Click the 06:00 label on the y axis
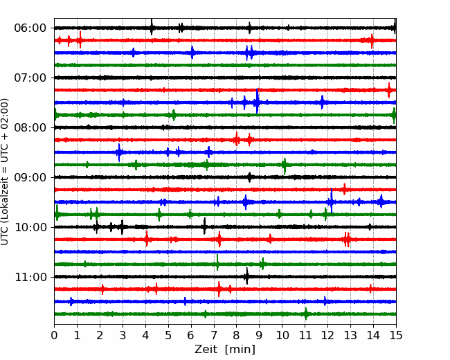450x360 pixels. tap(30, 28)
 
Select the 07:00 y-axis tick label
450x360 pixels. tap(30, 78)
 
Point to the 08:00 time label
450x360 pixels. tap(30, 128)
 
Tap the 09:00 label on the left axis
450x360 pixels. tap(30, 177)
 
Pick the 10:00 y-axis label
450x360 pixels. tap(30, 227)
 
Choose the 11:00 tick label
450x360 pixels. tap(30, 277)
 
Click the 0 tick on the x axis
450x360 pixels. tap(54, 335)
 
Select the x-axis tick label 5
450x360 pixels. tap(168, 335)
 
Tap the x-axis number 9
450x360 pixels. tap(260, 335)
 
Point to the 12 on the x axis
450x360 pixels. tap(327, 335)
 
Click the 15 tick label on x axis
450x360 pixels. tap(396, 335)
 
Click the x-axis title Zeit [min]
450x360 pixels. tap(225, 350)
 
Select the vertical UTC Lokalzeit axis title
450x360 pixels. tap(4, 172)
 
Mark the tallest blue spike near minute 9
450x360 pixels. tap(257, 101)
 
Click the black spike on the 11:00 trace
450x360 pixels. tap(246, 276)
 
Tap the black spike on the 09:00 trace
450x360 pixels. tap(249, 177)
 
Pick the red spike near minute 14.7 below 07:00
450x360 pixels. tap(389, 90)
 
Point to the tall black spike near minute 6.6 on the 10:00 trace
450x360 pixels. tap(204, 226)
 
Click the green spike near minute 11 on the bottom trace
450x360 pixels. tap(305, 314)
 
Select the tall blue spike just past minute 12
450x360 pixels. tap(332, 201)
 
